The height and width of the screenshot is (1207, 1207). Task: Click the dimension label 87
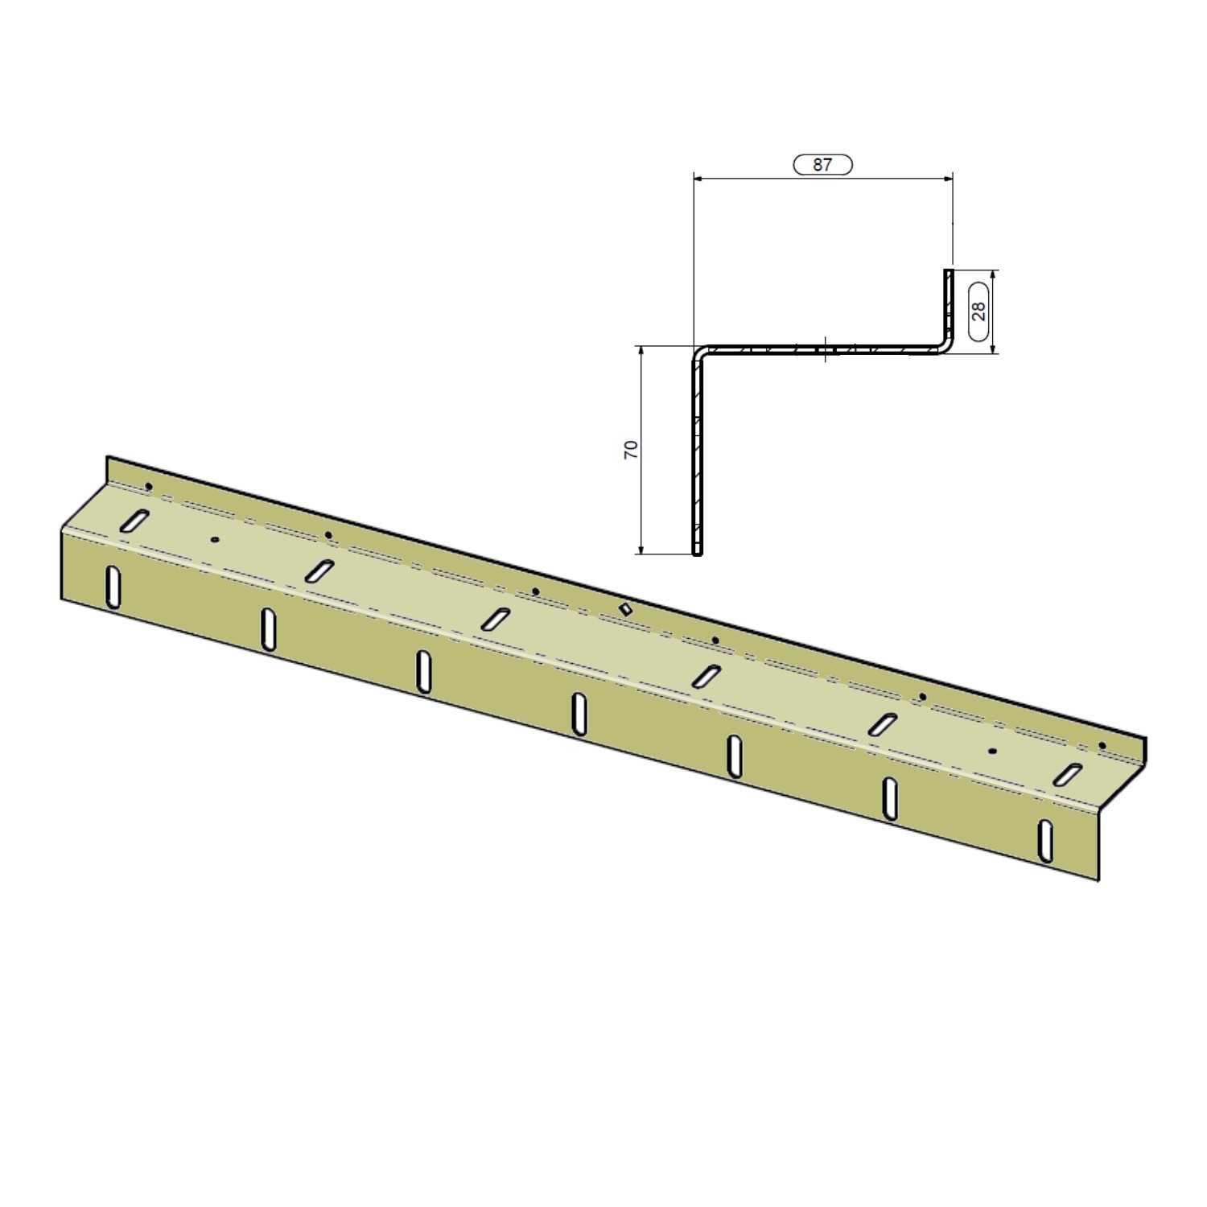(x=822, y=164)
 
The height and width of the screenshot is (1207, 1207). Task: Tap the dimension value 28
(x=979, y=311)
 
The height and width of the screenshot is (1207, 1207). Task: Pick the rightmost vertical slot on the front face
(x=1044, y=840)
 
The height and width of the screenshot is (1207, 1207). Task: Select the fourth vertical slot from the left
(x=579, y=713)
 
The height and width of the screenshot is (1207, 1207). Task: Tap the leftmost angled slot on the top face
(x=134, y=521)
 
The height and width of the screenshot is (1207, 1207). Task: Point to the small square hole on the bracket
(x=625, y=609)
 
